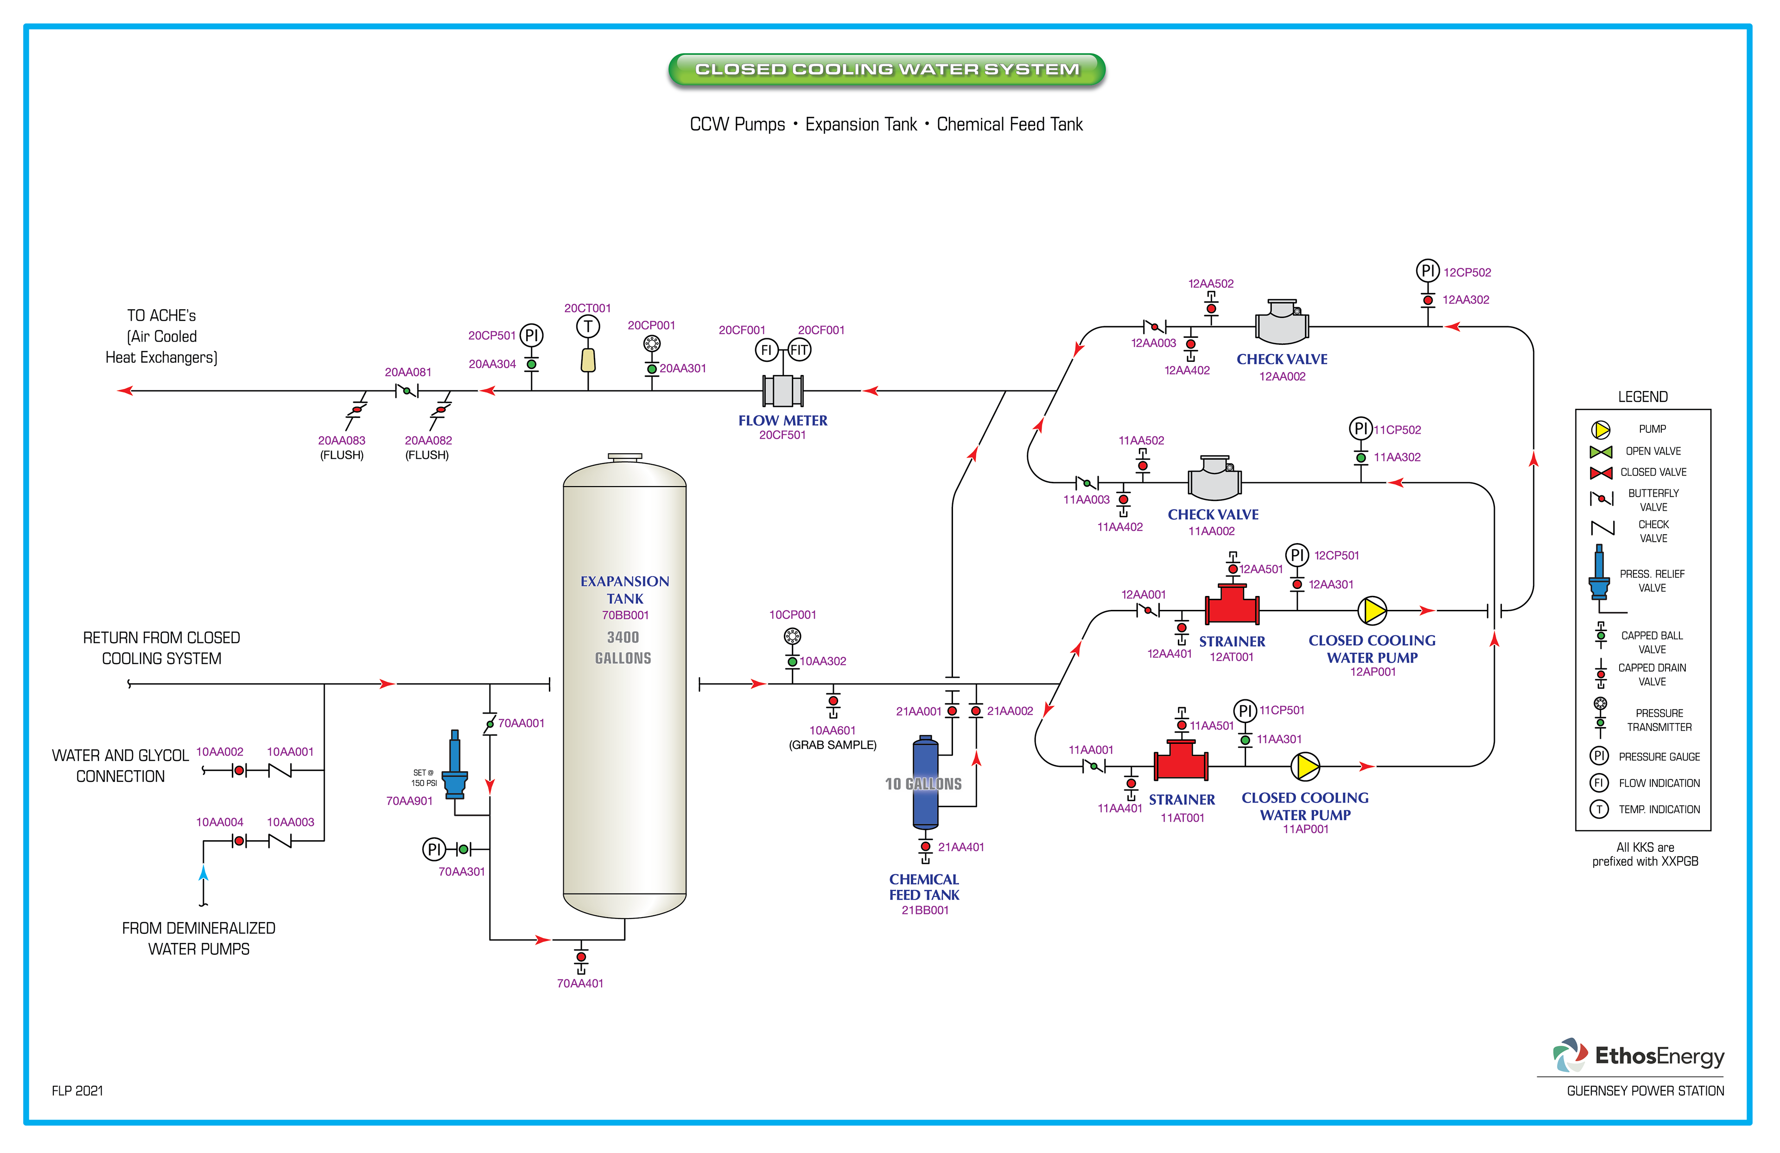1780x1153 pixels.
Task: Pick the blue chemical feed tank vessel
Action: [925, 782]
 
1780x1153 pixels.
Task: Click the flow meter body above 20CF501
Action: [782, 390]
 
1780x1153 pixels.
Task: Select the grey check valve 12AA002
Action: [1281, 323]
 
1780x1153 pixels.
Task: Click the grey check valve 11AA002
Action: [1214, 479]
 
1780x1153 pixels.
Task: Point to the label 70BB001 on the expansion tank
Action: [625, 615]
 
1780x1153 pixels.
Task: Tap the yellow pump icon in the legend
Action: [1601, 429]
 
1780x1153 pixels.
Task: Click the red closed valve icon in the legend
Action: [1601, 473]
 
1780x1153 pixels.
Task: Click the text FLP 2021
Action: [77, 1091]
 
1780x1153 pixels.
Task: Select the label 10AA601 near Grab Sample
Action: [832, 730]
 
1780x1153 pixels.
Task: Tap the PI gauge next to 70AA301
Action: [434, 849]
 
